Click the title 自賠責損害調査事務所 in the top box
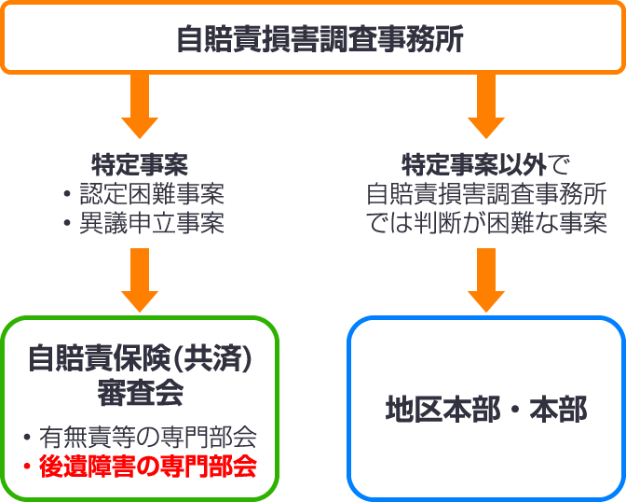point(313,40)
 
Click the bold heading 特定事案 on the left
point(141,165)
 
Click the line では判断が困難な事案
point(485,224)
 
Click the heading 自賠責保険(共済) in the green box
point(141,359)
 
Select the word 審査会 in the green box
point(141,392)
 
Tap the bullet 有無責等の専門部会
point(149,437)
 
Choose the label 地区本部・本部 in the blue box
point(485,410)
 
